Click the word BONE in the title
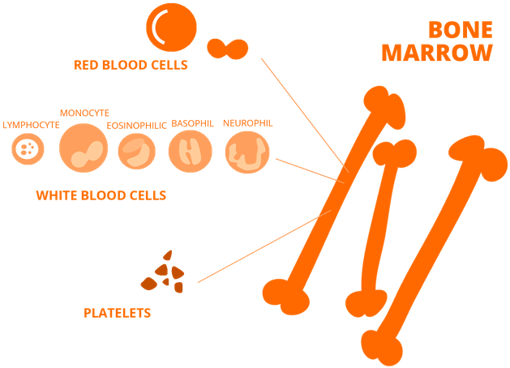tap(460, 31)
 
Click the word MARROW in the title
tap(437, 53)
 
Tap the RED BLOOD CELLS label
tap(131, 64)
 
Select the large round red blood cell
tap(171, 27)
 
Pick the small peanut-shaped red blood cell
tap(225, 49)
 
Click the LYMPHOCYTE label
tap(31, 126)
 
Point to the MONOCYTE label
tap(84, 113)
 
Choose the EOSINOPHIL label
tap(136, 126)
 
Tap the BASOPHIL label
tap(192, 124)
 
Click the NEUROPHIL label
tap(247, 123)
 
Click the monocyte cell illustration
tap(84, 149)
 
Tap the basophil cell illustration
tap(191, 151)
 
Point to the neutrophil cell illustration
tap(246, 152)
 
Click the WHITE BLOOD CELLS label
tap(101, 195)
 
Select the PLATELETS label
tap(117, 311)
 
